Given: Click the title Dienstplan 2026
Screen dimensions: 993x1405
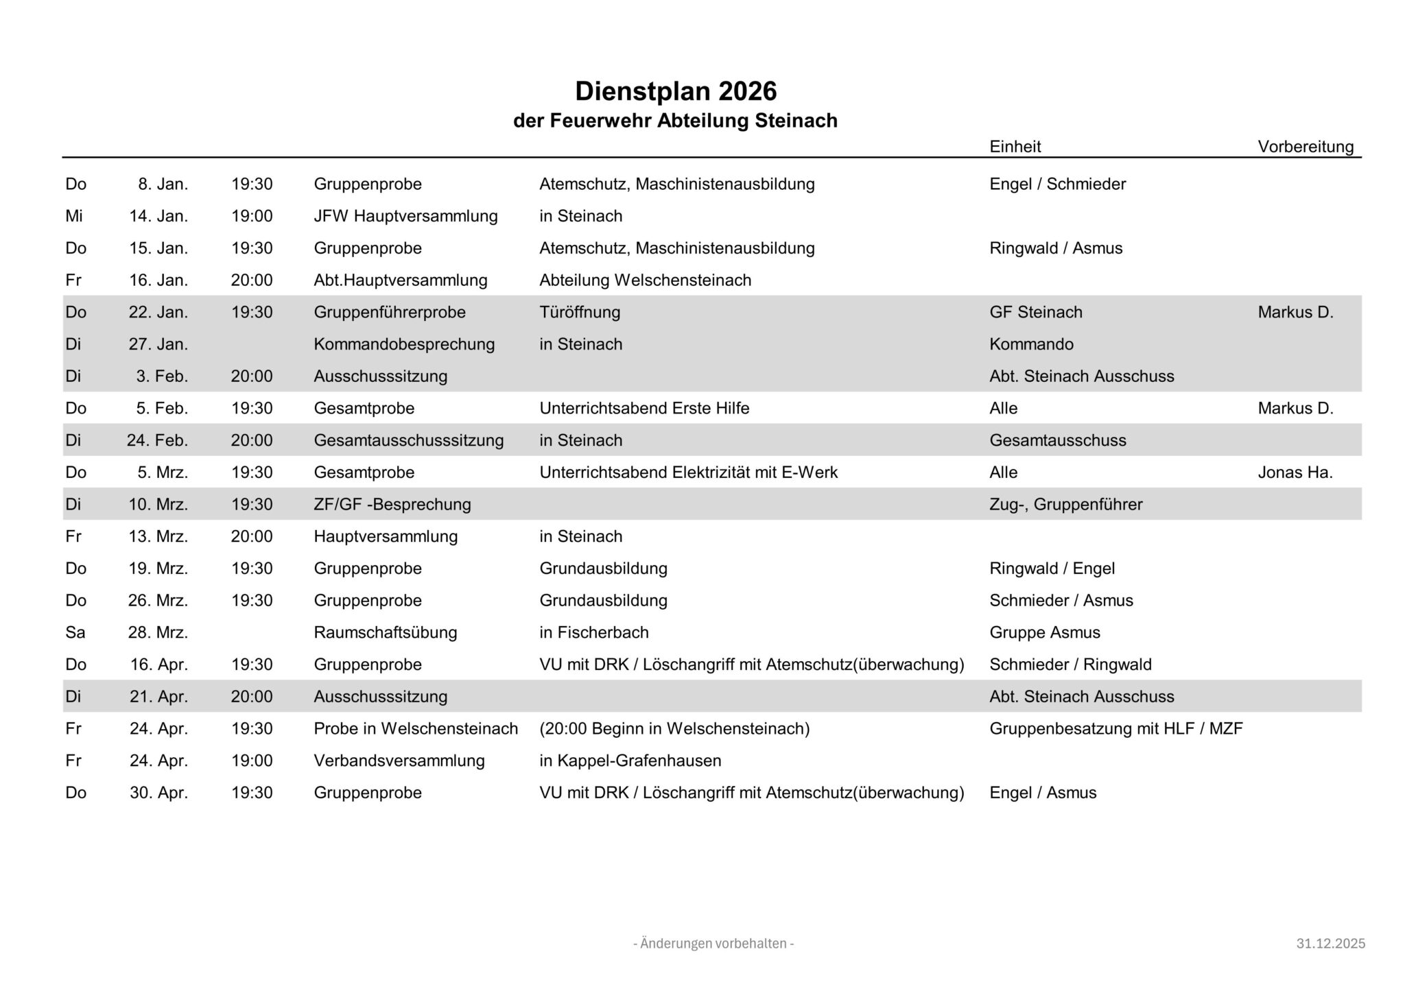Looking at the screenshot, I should [x=675, y=91].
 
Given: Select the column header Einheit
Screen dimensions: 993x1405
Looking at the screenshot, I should [x=1015, y=147].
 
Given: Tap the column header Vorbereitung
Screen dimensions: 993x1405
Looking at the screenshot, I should [x=1306, y=147].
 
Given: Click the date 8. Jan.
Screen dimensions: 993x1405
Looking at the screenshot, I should [x=163, y=184].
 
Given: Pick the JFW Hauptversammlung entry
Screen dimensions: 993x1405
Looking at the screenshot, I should [x=405, y=216].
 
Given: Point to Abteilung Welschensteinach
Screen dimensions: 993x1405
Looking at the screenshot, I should [x=645, y=280].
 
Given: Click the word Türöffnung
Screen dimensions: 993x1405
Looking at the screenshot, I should [x=580, y=312].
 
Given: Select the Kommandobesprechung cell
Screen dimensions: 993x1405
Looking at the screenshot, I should [x=404, y=344].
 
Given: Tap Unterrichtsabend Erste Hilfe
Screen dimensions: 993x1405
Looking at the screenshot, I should [x=644, y=408].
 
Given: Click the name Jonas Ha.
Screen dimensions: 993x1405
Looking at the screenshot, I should [x=1295, y=472].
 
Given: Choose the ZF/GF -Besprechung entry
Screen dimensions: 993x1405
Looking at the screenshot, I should [x=392, y=505].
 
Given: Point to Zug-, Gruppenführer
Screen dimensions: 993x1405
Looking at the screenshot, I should [x=1065, y=505].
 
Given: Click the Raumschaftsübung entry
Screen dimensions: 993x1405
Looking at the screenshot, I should [x=386, y=632].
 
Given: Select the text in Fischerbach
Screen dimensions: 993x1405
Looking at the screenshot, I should [x=593, y=632].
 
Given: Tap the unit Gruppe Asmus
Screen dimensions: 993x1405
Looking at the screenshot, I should [x=1044, y=632].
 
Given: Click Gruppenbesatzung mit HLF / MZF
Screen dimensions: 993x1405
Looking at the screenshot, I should [x=1115, y=728].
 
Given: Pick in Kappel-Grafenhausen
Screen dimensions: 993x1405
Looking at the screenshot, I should [x=630, y=761].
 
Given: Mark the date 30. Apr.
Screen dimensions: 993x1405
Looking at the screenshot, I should [x=158, y=793].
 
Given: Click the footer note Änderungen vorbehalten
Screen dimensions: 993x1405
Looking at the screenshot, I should [x=713, y=944].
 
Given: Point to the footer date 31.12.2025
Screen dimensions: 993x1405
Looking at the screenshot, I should [x=1330, y=944].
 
